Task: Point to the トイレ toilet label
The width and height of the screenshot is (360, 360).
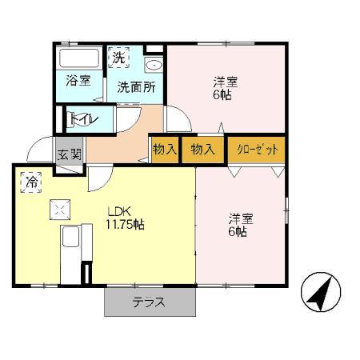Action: pos(83,118)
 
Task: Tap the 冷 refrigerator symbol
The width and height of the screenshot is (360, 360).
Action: pos(30,182)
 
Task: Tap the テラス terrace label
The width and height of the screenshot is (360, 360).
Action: pos(149,302)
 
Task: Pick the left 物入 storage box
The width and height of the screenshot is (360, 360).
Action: pos(164,149)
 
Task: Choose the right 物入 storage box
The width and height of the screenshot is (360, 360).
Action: pos(203,149)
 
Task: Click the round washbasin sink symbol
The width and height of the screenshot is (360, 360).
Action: pos(153,65)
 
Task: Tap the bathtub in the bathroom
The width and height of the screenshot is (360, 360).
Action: pos(77,58)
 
